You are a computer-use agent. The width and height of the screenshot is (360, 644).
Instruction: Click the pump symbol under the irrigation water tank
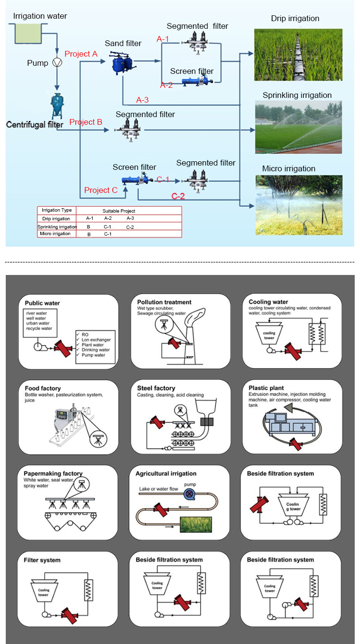(57, 62)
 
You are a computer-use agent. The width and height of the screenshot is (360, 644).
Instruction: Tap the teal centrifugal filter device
(57, 106)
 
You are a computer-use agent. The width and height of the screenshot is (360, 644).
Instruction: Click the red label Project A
(81, 54)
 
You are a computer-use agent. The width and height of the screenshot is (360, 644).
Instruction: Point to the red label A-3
(143, 100)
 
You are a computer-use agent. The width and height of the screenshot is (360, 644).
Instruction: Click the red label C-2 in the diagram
(178, 196)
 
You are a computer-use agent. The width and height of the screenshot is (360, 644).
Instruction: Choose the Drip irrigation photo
(298, 55)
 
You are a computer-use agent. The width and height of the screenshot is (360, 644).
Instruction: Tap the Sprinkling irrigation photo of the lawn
(299, 127)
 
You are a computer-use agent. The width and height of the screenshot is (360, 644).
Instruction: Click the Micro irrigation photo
(299, 205)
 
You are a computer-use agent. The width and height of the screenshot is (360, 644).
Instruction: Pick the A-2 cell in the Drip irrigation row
(108, 218)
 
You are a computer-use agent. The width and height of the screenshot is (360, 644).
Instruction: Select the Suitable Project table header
(119, 211)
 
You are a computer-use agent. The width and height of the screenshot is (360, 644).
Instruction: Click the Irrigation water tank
(28, 34)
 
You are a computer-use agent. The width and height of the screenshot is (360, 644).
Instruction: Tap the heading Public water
(42, 303)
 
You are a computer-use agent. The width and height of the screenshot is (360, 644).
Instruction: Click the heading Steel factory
(156, 388)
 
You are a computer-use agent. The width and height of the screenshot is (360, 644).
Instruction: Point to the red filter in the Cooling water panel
(293, 351)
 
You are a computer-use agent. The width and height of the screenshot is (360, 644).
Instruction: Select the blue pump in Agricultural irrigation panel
(189, 494)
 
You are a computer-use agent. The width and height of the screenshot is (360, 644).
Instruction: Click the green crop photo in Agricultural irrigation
(196, 525)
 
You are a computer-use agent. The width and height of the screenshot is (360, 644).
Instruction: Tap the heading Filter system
(42, 560)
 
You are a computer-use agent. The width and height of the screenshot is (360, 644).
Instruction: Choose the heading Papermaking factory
(53, 474)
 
